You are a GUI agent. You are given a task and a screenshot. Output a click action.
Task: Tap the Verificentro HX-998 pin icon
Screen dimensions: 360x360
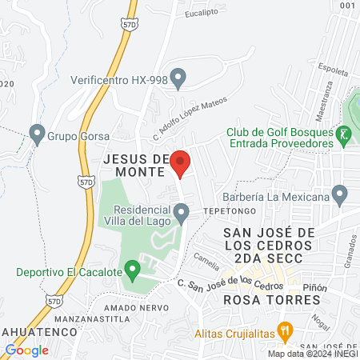tap(179, 78)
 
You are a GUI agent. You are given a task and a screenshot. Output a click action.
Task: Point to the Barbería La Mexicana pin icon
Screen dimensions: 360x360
tap(340, 194)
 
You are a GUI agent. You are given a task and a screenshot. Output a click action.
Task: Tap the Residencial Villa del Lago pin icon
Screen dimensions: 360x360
tap(182, 213)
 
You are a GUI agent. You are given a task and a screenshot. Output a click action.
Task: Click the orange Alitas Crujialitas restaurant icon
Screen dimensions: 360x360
tap(284, 330)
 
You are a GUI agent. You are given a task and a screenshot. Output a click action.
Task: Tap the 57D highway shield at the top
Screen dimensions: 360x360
tap(130, 26)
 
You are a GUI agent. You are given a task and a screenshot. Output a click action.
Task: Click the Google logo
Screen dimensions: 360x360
tap(26, 350)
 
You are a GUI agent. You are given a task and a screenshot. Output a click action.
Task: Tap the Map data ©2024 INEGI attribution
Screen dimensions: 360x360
tap(312, 354)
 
